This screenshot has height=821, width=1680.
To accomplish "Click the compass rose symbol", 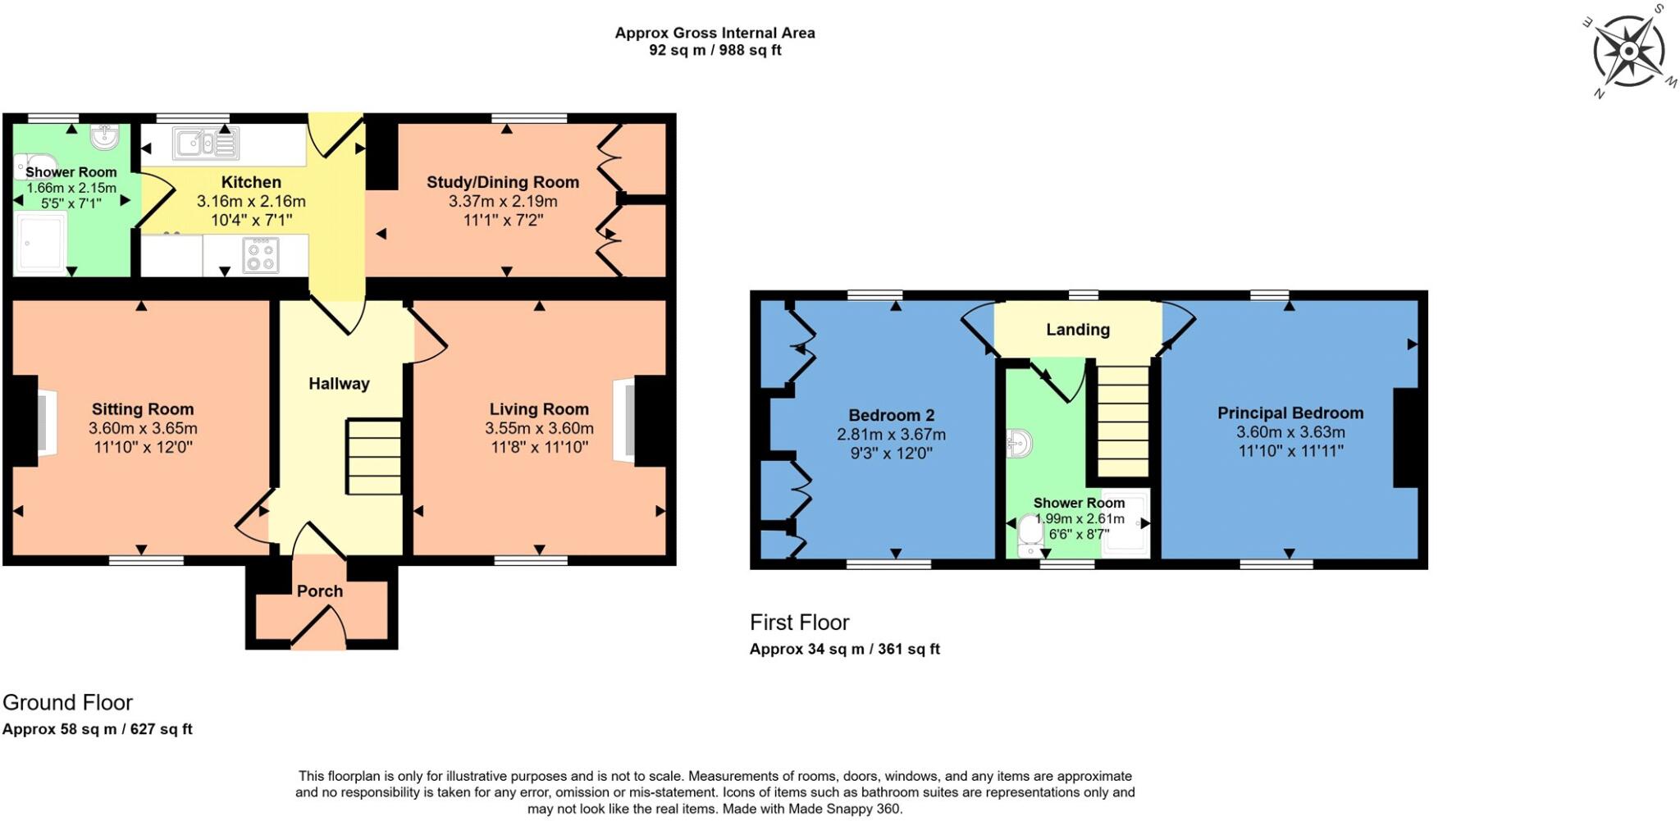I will (1629, 51).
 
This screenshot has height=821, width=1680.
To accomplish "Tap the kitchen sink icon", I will (205, 144).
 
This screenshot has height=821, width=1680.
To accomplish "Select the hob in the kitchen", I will (261, 255).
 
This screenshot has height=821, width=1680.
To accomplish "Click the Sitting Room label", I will (143, 409).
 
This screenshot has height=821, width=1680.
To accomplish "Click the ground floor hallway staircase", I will (374, 457).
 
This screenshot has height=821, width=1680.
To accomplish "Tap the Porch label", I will (320, 591).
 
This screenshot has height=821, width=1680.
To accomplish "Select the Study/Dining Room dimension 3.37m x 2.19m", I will (503, 202).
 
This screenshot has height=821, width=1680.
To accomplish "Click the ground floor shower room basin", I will (105, 137).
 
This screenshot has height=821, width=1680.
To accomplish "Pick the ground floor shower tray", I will (41, 242).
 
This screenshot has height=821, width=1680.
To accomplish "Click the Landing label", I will (1078, 330).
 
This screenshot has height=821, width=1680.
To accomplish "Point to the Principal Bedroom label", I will (1290, 413).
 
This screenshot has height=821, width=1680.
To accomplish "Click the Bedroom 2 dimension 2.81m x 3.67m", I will (891, 435).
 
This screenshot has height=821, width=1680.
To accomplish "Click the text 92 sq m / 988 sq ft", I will (714, 51).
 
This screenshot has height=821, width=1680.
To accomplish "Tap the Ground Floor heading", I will (67, 703).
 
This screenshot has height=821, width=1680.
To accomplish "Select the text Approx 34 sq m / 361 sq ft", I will (844, 650).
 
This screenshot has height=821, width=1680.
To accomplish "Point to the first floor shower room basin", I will (1020, 444).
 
